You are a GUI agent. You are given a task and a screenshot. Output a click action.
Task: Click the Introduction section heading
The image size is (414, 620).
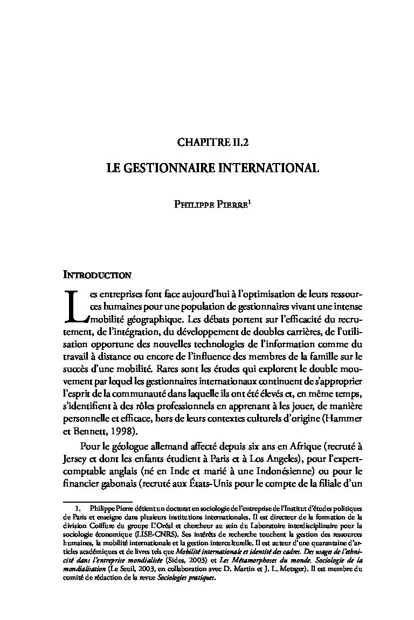(97, 276)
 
